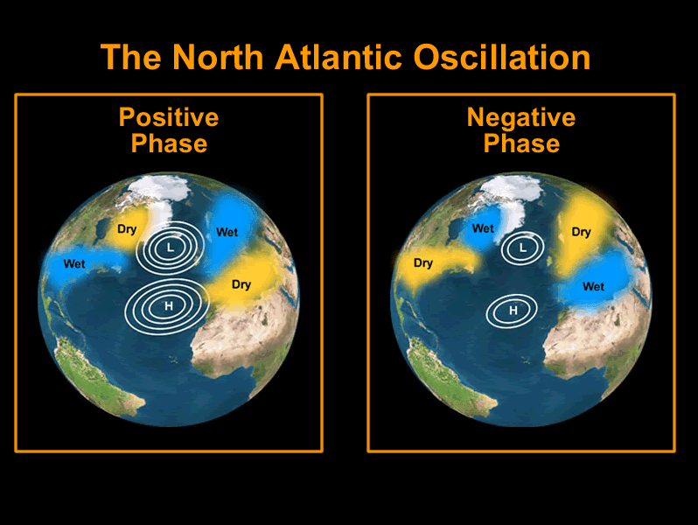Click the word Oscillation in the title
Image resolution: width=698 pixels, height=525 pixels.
pyautogui.click(x=502, y=58)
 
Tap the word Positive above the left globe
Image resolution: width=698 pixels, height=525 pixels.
pyautogui.click(x=169, y=117)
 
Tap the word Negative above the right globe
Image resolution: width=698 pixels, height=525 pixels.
pyautogui.click(x=521, y=117)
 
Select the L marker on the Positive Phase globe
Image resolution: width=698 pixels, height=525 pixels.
pyautogui.click(x=170, y=247)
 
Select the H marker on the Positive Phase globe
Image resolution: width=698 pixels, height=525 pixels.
pyautogui.click(x=168, y=306)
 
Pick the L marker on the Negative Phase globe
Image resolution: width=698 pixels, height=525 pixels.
pyautogui.click(x=522, y=248)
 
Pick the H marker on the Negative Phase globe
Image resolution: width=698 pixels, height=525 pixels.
pyautogui.click(x=513, y=311)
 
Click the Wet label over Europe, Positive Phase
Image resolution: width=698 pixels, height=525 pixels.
pyautogui.click(x=227, y=232)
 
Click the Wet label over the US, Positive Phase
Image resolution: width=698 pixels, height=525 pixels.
pyautogui.click(x=74, y=263)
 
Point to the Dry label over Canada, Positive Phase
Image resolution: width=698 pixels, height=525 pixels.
pyautogui.click(x=127, y=229)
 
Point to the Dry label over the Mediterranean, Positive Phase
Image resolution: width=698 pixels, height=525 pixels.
pyautogui.click(x=241, y=284)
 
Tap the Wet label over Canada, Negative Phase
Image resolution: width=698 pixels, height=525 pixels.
pyautogui.click(x=483, y=228)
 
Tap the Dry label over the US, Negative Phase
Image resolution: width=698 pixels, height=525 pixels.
pyautogui.click(x=423, y=263)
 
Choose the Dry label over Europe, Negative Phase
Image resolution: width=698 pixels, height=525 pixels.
pyautogui.click(x=582, y=232)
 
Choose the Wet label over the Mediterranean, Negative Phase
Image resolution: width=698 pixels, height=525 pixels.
pyautogui.click(x=593, y=286)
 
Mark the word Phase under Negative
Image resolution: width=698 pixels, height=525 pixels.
pyautogui.click(x=521, y=143)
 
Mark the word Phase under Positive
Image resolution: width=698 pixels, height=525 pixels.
pyautogui.click(x=169, y=143)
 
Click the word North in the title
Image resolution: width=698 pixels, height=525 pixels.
pyautogui.click(x=218, y=58)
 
